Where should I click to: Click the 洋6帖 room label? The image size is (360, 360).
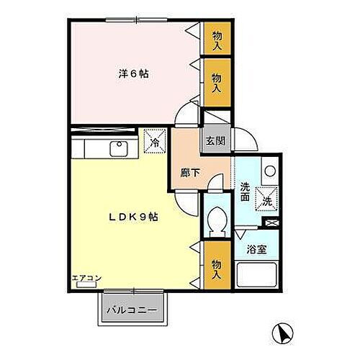[134, 73]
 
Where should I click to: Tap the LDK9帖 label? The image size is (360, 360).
[134, 217]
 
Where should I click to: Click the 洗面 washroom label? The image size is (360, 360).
[245, 189]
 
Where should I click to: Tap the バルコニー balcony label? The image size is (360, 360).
[133, 310]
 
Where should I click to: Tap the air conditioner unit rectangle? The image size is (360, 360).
[86, 285]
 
